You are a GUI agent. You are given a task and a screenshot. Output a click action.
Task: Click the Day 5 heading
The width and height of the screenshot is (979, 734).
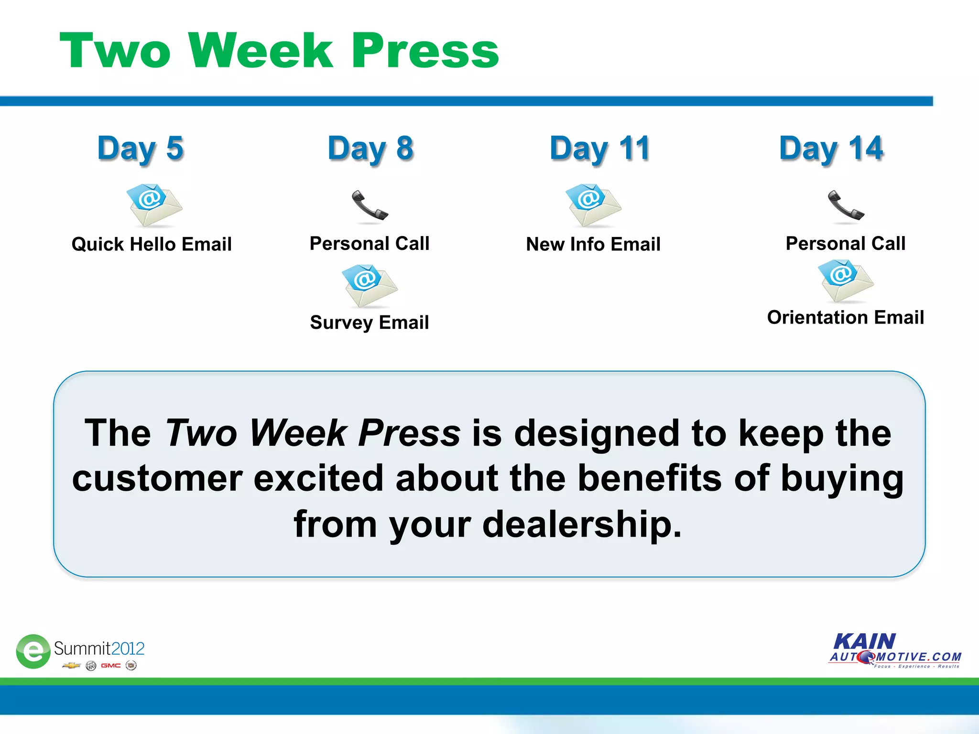coord(141,149)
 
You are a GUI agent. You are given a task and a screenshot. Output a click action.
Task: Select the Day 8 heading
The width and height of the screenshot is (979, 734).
coord(370,149)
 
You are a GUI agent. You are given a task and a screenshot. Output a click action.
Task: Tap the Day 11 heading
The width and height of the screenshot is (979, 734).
coord(599,149)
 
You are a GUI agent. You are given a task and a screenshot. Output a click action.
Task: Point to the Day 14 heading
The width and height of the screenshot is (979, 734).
coord(831,149)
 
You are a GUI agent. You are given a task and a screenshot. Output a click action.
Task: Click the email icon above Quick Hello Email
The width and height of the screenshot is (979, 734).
coord(154,205)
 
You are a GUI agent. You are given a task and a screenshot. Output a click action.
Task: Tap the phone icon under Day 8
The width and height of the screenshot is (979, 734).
coord(370,206)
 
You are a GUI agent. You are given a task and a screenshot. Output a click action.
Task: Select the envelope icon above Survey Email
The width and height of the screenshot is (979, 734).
coord(369,285)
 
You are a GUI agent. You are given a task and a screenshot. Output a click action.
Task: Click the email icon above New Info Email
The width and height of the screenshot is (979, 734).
coord(593,205)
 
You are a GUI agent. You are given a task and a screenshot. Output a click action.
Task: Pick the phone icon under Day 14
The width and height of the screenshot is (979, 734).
coord(846,206)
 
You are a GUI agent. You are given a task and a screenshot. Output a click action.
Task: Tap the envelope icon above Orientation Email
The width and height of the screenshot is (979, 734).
coord(845,281)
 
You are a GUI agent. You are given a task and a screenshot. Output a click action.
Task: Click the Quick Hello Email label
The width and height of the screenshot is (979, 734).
coord(152,244)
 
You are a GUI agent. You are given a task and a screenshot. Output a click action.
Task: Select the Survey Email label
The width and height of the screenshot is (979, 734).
coord(370,323)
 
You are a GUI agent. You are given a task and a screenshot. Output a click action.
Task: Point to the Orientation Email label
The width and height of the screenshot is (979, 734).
coord(845,317)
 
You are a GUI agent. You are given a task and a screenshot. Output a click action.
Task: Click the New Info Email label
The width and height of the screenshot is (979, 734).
coord(593,244)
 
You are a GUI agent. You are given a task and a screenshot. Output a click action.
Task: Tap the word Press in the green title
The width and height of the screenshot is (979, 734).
coord(425,51)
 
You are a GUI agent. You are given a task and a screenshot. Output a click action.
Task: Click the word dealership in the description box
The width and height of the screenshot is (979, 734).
coord(582,524)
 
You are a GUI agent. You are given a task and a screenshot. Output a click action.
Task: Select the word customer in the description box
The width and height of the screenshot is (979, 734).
coord(157,478)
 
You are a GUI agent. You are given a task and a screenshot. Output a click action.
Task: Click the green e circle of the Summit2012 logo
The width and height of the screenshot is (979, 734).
coord(33,651)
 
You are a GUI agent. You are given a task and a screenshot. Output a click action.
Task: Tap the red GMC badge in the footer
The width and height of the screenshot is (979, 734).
coord(110,666)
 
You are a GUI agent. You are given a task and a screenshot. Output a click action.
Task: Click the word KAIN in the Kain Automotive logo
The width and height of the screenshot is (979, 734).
coord(864,641)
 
